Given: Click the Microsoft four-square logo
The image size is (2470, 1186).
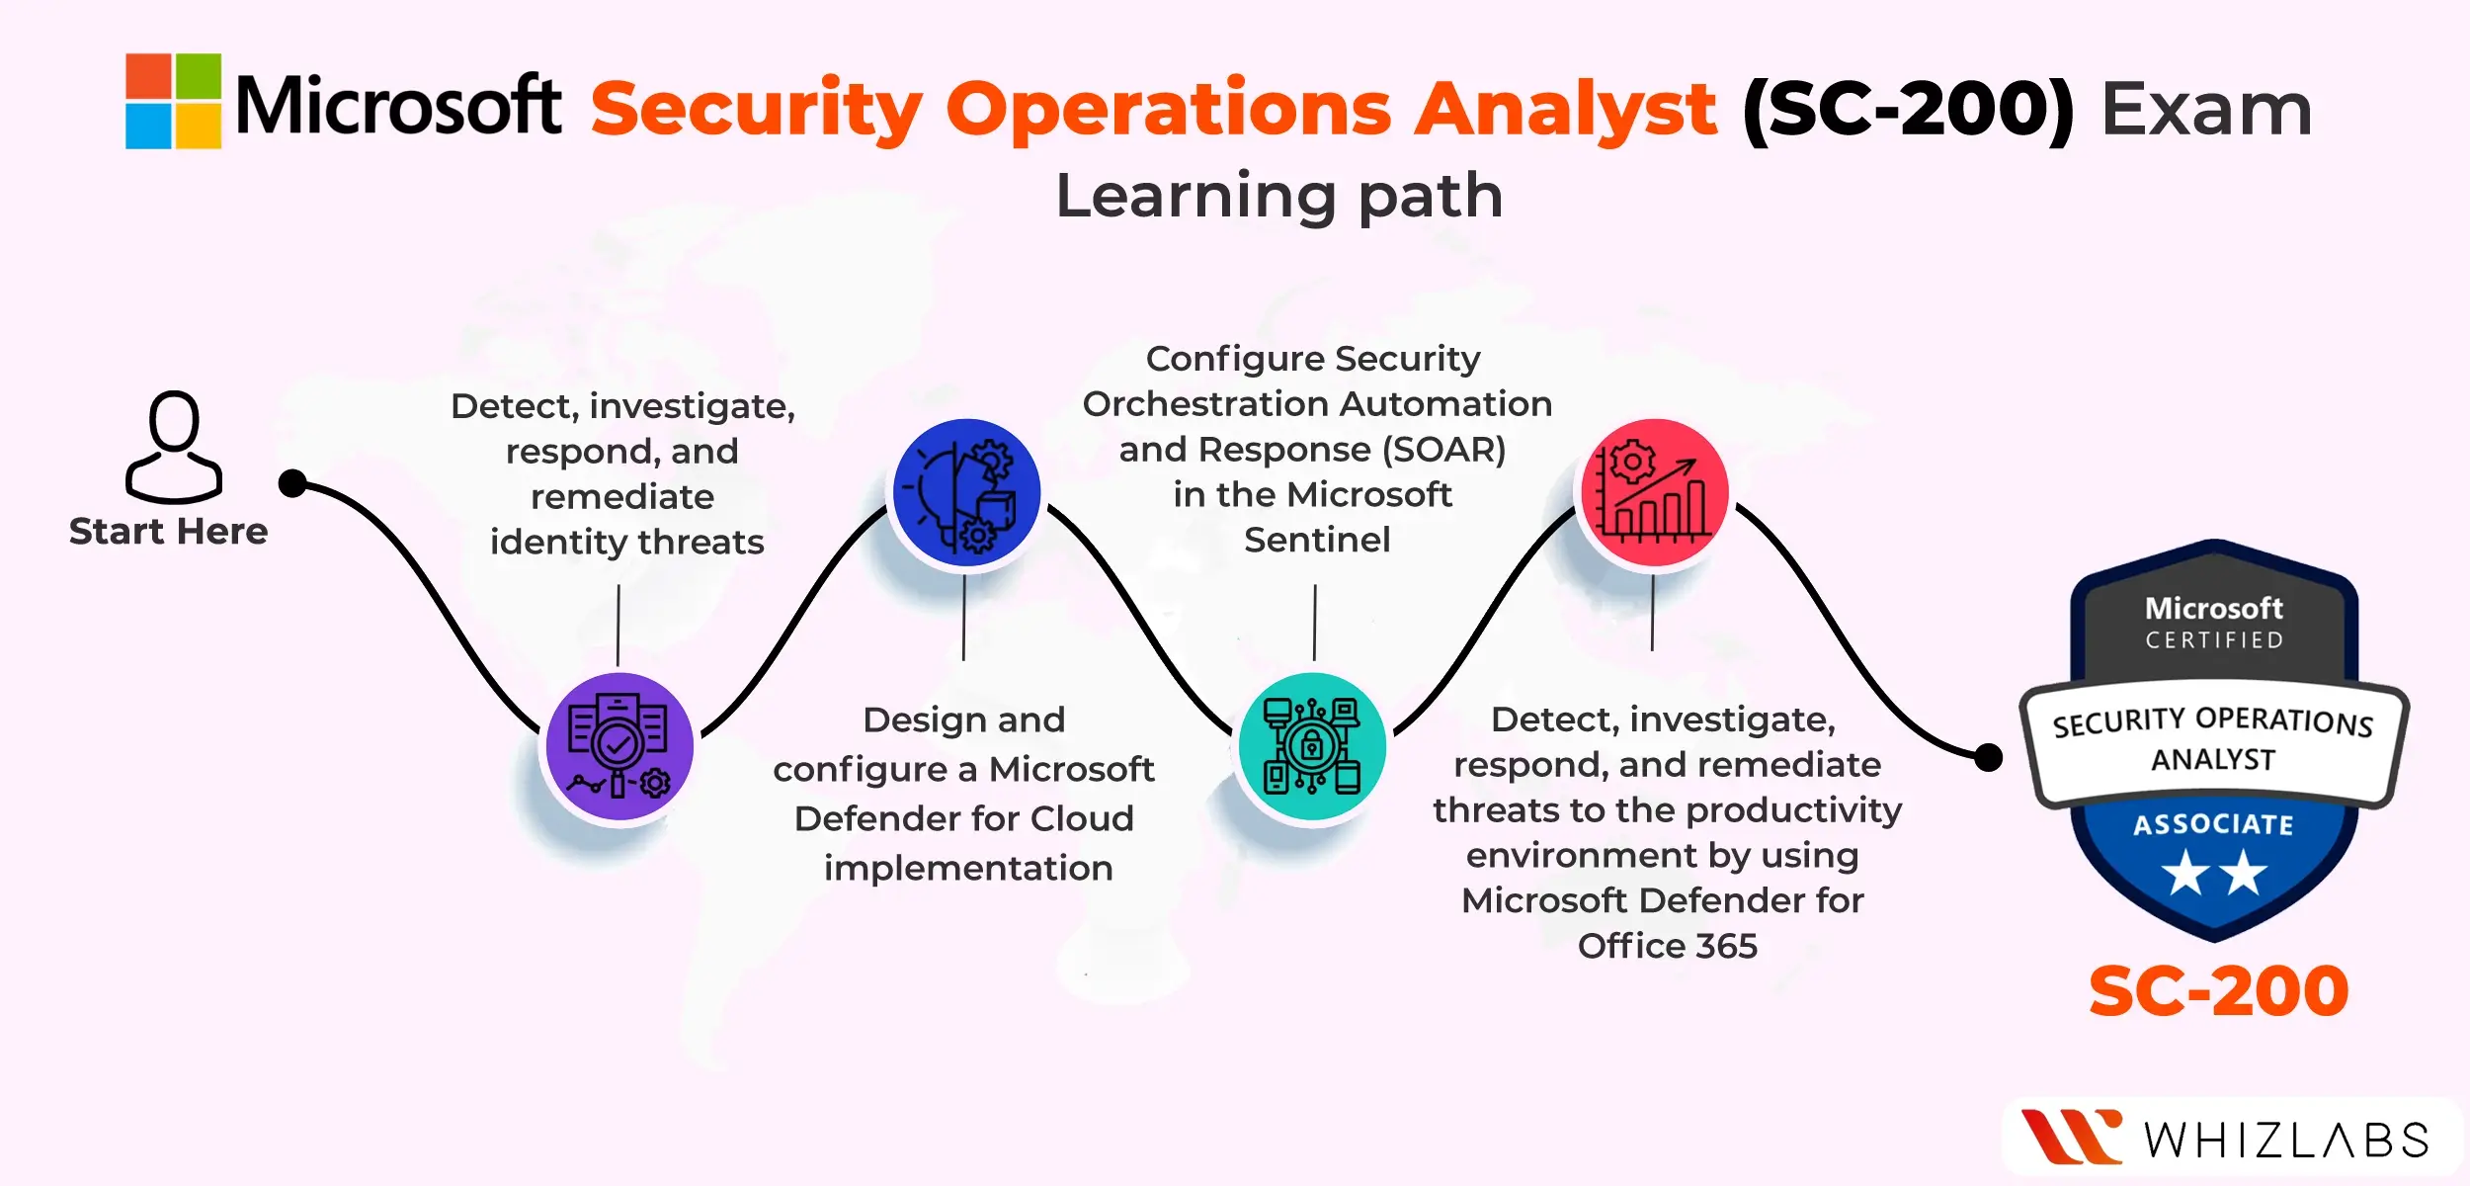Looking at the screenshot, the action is coord(173,101).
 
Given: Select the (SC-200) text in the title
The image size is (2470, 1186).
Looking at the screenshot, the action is coord(1908,110).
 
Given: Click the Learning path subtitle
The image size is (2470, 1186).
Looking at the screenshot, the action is coord(1279,196).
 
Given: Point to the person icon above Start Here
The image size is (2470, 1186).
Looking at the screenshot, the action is coord(174,447).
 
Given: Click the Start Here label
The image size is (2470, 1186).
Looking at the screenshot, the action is coord(169,532).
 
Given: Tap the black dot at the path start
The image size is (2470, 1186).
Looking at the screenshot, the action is coord(292,483).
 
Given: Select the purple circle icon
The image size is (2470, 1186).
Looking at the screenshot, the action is coord(620,746).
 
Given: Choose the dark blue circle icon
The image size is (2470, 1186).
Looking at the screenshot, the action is coord(966,492).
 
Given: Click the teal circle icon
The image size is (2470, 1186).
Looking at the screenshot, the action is coord(1312,746).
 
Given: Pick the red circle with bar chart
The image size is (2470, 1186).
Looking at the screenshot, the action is coord(1655,492).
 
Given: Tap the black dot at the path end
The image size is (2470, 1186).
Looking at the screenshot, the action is coord(1988,758).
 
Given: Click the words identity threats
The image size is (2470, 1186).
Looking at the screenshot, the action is coord(627,543).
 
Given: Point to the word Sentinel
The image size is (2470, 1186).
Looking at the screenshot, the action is coord(1317,540).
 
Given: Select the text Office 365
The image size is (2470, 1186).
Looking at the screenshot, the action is coord(1668,946).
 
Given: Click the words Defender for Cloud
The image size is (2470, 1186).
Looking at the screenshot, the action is coord(964,818).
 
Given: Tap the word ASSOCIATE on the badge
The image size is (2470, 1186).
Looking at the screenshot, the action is coord(2213,824).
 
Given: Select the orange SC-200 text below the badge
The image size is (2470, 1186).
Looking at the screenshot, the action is coord(2218,991).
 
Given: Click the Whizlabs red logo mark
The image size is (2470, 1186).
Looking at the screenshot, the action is coord(2071,1137).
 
